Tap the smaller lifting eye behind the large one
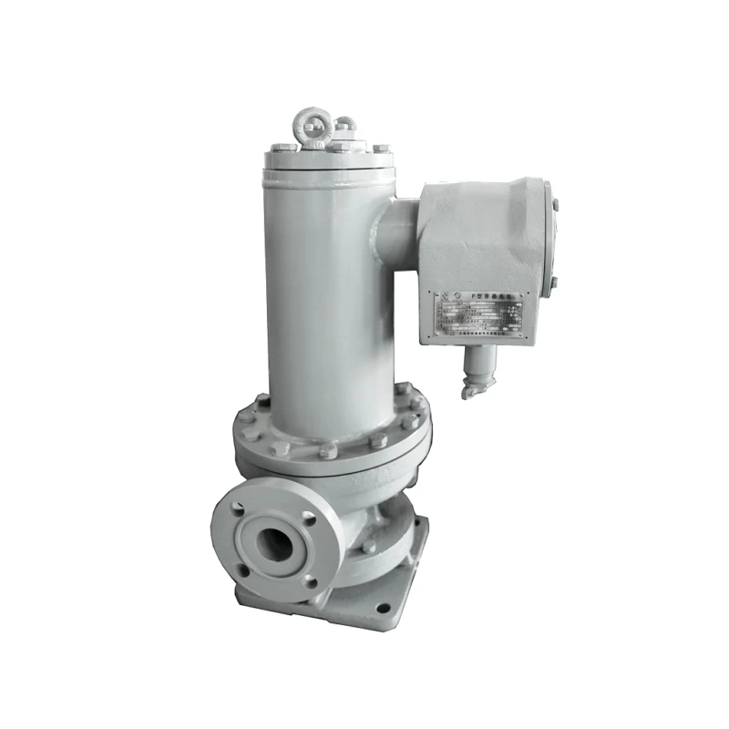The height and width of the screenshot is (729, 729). [x=344, y=124]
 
